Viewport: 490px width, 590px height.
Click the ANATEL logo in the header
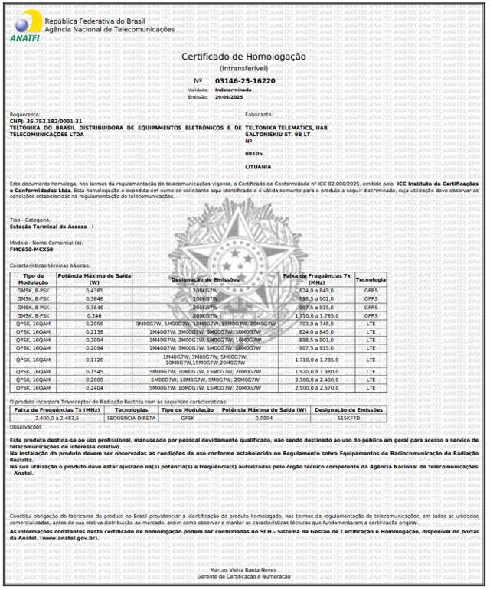point(24,28)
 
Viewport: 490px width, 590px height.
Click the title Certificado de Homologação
point(243,57)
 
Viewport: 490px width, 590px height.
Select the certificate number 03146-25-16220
point(245,80)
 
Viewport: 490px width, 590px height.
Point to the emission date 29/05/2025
point(227,97)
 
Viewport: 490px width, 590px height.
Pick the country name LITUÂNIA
point(259,166)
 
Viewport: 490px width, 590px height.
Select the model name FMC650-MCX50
point(31,249)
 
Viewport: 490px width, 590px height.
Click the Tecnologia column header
point(371,279)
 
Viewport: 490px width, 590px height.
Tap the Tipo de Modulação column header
point(33,279)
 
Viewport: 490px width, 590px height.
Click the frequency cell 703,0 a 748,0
point(316,324)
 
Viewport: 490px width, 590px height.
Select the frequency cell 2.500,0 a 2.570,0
point(316,388)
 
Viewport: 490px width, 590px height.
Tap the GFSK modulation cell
point(187,418)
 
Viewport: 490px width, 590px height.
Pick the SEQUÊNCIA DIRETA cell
point(130,418)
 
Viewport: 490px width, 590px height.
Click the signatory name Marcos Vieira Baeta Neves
point(244,569)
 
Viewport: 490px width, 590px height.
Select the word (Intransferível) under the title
point(243,68)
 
